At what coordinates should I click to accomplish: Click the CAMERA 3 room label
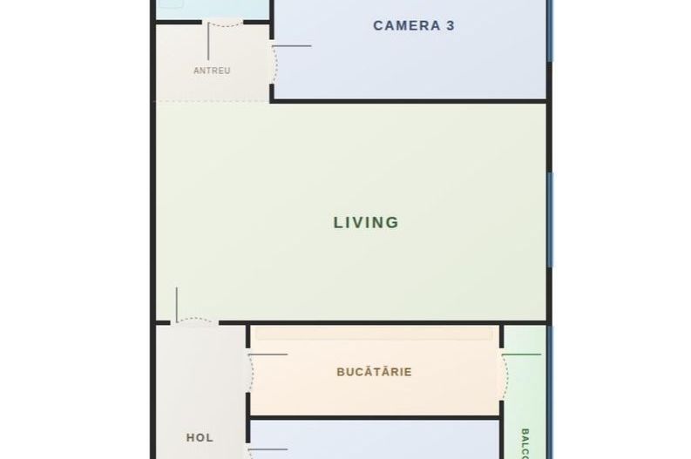coord(414,25)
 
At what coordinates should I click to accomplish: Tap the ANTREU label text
coord(212,71)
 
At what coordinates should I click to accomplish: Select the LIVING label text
coord(366,222)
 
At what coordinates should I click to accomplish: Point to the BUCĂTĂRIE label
coord(374,372)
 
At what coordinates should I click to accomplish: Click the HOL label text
coord(200,437)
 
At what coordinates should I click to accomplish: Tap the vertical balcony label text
coord(525,441)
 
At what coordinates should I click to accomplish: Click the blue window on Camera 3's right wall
coord(550,30)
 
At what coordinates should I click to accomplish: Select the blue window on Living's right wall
coord(550,218)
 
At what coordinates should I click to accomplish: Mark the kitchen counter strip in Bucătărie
coord(374,334)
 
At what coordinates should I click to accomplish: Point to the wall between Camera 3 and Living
coord(410,101)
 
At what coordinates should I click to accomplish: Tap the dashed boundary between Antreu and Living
coord(212,102)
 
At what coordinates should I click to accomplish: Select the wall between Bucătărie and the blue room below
coord(375,416)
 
